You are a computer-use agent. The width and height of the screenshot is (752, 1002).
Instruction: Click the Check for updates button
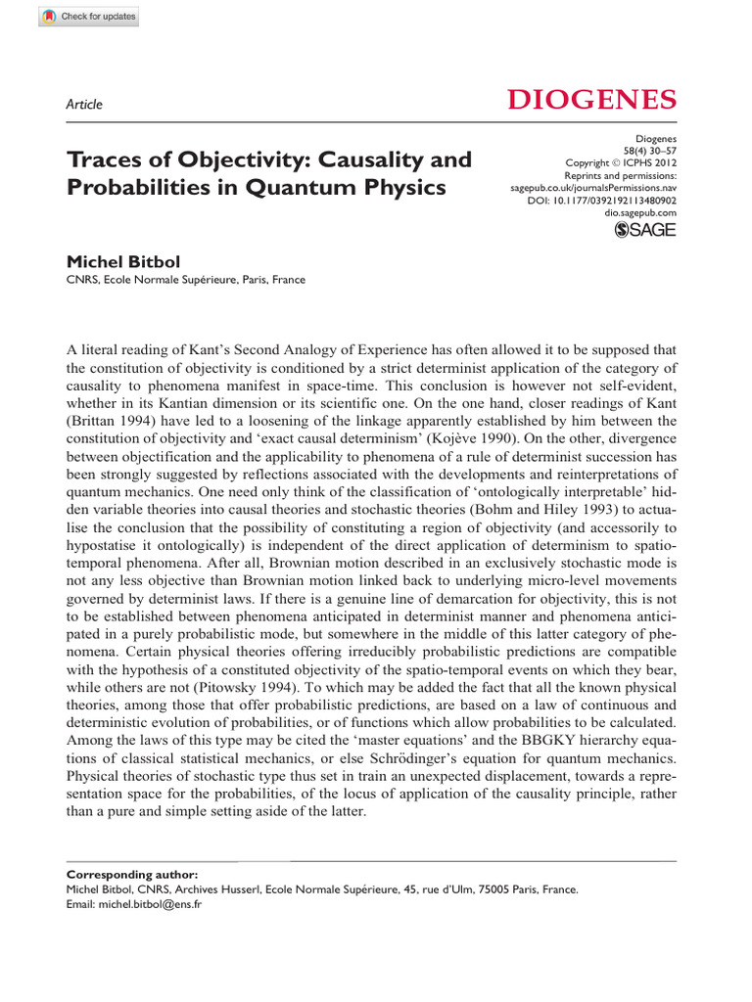pos(76,18)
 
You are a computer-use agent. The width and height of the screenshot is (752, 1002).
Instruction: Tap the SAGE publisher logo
pos(644,231)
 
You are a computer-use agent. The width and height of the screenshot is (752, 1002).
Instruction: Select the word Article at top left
pos(83,105)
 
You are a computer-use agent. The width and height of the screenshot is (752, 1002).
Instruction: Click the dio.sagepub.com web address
pos(641,212)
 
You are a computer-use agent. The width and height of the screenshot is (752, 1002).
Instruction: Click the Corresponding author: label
pos(131,874)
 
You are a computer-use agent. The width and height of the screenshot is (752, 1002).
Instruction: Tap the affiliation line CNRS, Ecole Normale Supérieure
pos(185,280)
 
